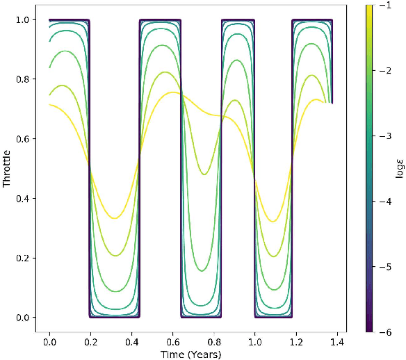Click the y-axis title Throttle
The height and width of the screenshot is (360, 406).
coord(7,169)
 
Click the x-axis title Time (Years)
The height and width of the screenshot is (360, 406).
coord(190,354)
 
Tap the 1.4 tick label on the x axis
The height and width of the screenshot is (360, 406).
coord(337,343)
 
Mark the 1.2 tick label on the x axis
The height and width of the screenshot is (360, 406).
coord(296,343)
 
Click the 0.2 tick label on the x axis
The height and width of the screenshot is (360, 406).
coord(90,343)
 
